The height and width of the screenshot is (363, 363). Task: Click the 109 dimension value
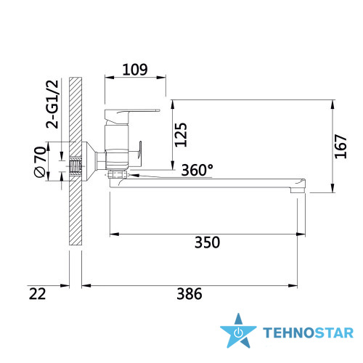coord(135,70)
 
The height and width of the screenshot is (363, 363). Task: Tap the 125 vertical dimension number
coord(181,135)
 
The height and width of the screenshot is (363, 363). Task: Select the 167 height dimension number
coord(340,147)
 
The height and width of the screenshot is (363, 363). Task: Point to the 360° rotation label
coord(197,170)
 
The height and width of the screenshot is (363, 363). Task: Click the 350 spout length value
coord(208,242)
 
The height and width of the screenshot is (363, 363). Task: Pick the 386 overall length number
coord(189,294)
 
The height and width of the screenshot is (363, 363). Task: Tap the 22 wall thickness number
coord(37,294)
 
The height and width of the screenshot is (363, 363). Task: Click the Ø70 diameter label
coord(40,162)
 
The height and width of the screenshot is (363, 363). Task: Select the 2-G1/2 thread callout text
coord(52,104)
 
